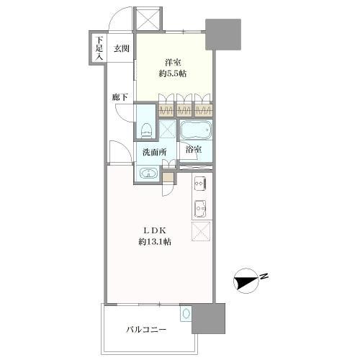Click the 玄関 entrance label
tap(122, 49)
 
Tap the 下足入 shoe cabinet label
tap(99, 48)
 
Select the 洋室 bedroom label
tap(173, 63)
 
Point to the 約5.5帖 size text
tap(173, 73)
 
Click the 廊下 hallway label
tap(120, 97)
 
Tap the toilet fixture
tap(146, 131)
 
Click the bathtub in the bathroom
tap(196, 130)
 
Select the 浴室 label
tap(194, 149)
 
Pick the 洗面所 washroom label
tap(155, 152)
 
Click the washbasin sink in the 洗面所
tap(149, 173)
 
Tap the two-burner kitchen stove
tap(200, 184)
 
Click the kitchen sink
tap(200, 209)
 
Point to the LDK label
tap(155, 230)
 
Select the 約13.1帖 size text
tap(155, 242)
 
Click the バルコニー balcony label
tap(146, 330)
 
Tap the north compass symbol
tap(246, 281)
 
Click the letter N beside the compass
tap(264, 276)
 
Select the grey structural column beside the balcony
tap(208, 318)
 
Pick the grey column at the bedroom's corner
tap(223, 35)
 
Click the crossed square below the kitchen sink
tap(201, 231)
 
